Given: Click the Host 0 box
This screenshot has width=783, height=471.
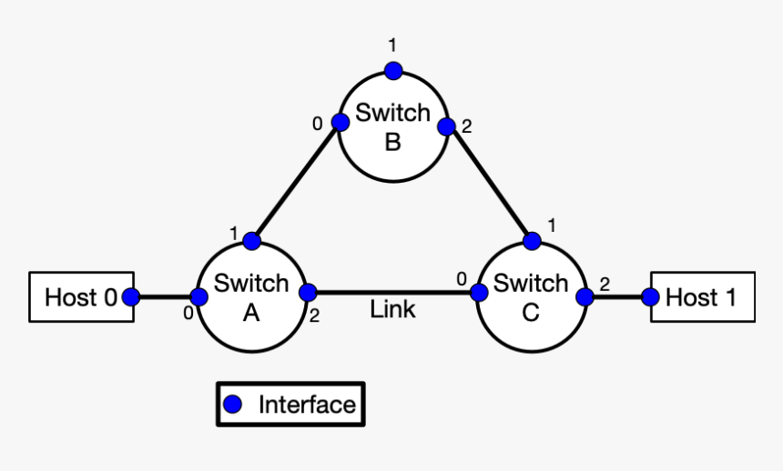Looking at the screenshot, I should pyautogui.click(x=81, y=296).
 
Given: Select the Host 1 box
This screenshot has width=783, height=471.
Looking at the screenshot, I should pyautogui.click(x=701, y=296).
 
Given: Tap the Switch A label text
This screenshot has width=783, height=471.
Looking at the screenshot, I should pyautogui.click(x=251, y=297).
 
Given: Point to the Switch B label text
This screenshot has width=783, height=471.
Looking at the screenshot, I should pyautogui.click(x=392, y=127).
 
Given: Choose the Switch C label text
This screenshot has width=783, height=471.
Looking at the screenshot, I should pyautogui.click(x=531, y=297).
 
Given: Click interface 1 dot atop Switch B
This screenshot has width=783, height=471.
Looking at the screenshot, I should pyautogui.click(x=393, y=70).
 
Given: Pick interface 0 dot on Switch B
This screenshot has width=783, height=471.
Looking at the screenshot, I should pyautogui.click(x=341, y=123).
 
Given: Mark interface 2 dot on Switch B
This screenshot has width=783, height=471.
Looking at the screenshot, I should pyautogui.click(x=446, y=126).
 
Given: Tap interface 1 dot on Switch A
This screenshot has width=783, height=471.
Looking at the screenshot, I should pyautogui.click(x=252, y=241).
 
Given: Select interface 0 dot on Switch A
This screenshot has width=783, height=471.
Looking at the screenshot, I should pyautogui.click(x=198, y=296).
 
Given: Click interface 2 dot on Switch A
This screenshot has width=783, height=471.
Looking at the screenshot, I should pyautogui.click(x=308, y=293).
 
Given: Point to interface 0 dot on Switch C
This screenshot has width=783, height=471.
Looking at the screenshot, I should pyautogui.click(x=478, y=293).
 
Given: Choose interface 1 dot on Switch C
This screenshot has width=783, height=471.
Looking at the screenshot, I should pyautogui.click(x=533, y=241).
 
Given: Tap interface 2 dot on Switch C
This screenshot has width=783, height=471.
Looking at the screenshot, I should pyautogui.click(x=585, y=296).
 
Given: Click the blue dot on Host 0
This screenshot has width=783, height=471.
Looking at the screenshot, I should pyautogui.click(x=131, y=296).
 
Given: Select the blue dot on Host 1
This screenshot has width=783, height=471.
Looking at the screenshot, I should pyautogui.click(x=650, y=296).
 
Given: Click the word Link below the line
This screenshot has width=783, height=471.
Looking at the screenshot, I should pyautogui.click(x=392, y=310).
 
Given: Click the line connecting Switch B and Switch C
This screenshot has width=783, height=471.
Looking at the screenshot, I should pyautogui.click(x=489, y=183).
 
